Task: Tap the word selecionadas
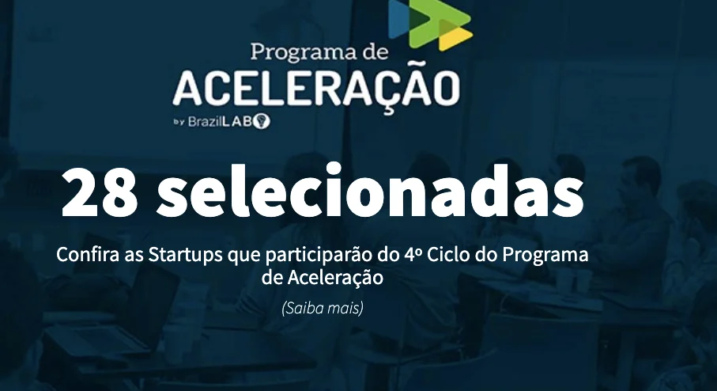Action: click(x=370, y=191)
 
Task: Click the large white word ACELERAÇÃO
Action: click(x=316, y=87)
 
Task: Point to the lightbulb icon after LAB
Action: click(x=262, y=121)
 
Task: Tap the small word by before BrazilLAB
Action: click(x=179, y=122)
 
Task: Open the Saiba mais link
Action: click(x=323, y=308)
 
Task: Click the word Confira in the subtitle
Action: click(x=88, y=254)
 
